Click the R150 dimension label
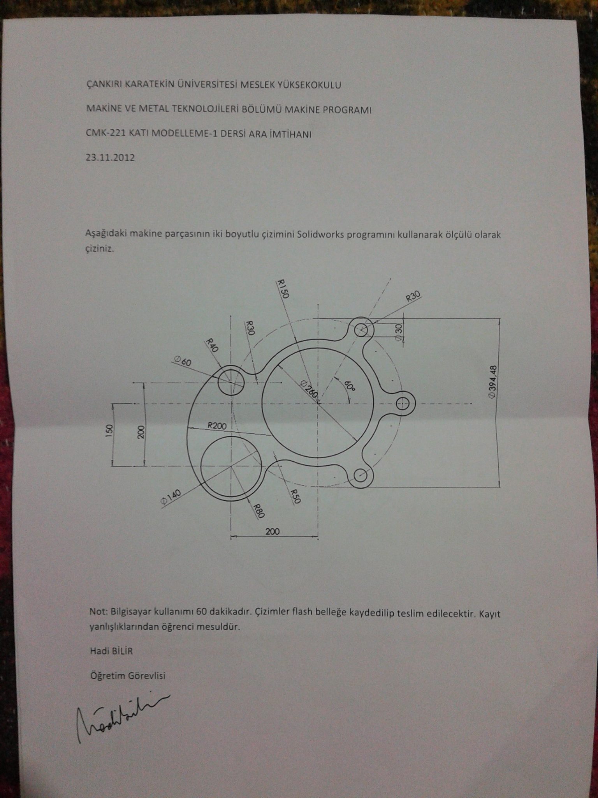(282, 289)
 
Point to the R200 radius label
(217, 425)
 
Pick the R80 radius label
(259, 510)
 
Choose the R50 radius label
(295, 496)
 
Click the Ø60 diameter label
(183, 362)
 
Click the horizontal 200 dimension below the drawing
(273, 531)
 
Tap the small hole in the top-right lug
(362, 330)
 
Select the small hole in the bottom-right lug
(361, 475)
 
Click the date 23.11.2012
(110, 158)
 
